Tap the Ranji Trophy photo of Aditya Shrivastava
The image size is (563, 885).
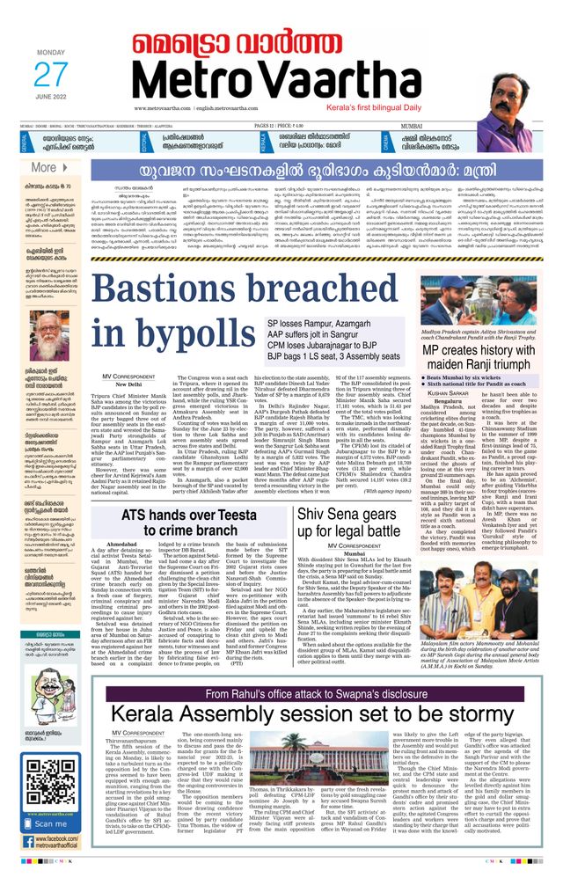[479, 301]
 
